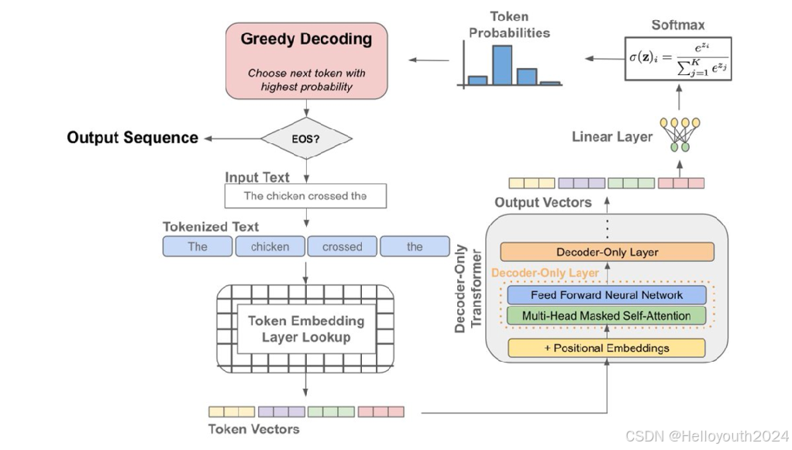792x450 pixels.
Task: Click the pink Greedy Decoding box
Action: click(x=307, y=60)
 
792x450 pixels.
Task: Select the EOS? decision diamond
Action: click(x=306, y=139)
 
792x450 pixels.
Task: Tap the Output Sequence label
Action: click(x=133, y=138)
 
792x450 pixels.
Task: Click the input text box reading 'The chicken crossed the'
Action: click(x=305, y=196)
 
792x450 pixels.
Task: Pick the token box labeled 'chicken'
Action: click(x=270, y=246)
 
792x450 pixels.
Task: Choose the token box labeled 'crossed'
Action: click(x=343, y=246)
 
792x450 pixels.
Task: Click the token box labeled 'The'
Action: click(x=198, y=246)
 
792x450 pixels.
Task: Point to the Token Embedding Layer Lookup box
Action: click(x=305, y=329)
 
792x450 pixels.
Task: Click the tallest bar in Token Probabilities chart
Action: click(x=502, y=65)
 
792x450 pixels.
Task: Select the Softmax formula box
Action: click(x=678, y=59)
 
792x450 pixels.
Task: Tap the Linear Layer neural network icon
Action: click(x=680, y=134)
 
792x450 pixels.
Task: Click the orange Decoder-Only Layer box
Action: click(x=607, y=252)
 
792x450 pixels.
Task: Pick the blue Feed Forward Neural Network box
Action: click(x=607, y=295)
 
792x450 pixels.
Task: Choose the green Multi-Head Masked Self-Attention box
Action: click(x=606, y=316)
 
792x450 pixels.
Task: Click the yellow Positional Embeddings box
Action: click(x=607, y=348)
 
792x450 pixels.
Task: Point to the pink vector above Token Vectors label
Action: click(x=381, y=411)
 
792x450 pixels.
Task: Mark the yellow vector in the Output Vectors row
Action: click(x=532, y=183)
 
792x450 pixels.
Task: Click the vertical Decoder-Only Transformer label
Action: click(x=468, y=288)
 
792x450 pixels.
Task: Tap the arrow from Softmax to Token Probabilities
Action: click(x=604, y=59)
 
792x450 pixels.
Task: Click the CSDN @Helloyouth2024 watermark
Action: click(x=707, y=436)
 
